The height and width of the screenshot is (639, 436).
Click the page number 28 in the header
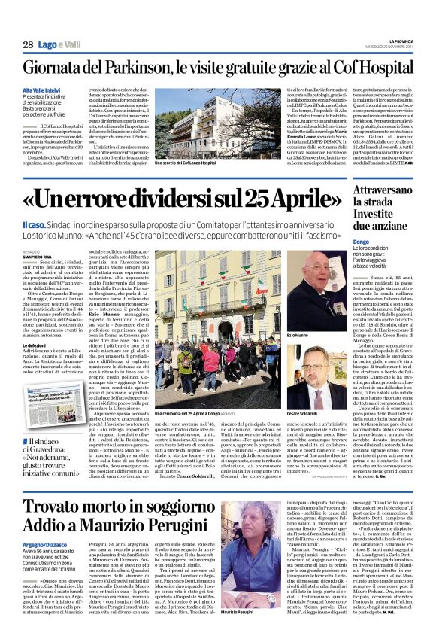[27, 45]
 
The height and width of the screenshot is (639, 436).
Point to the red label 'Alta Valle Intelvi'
[44, 88]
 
